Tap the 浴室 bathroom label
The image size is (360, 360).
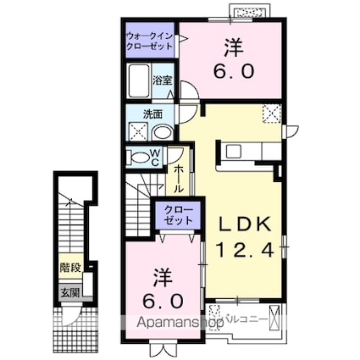click(163, 81)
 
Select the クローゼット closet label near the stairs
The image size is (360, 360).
click(177, 214)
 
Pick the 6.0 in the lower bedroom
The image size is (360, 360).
click(161, 300)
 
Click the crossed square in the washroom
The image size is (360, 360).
click(136, 131)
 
